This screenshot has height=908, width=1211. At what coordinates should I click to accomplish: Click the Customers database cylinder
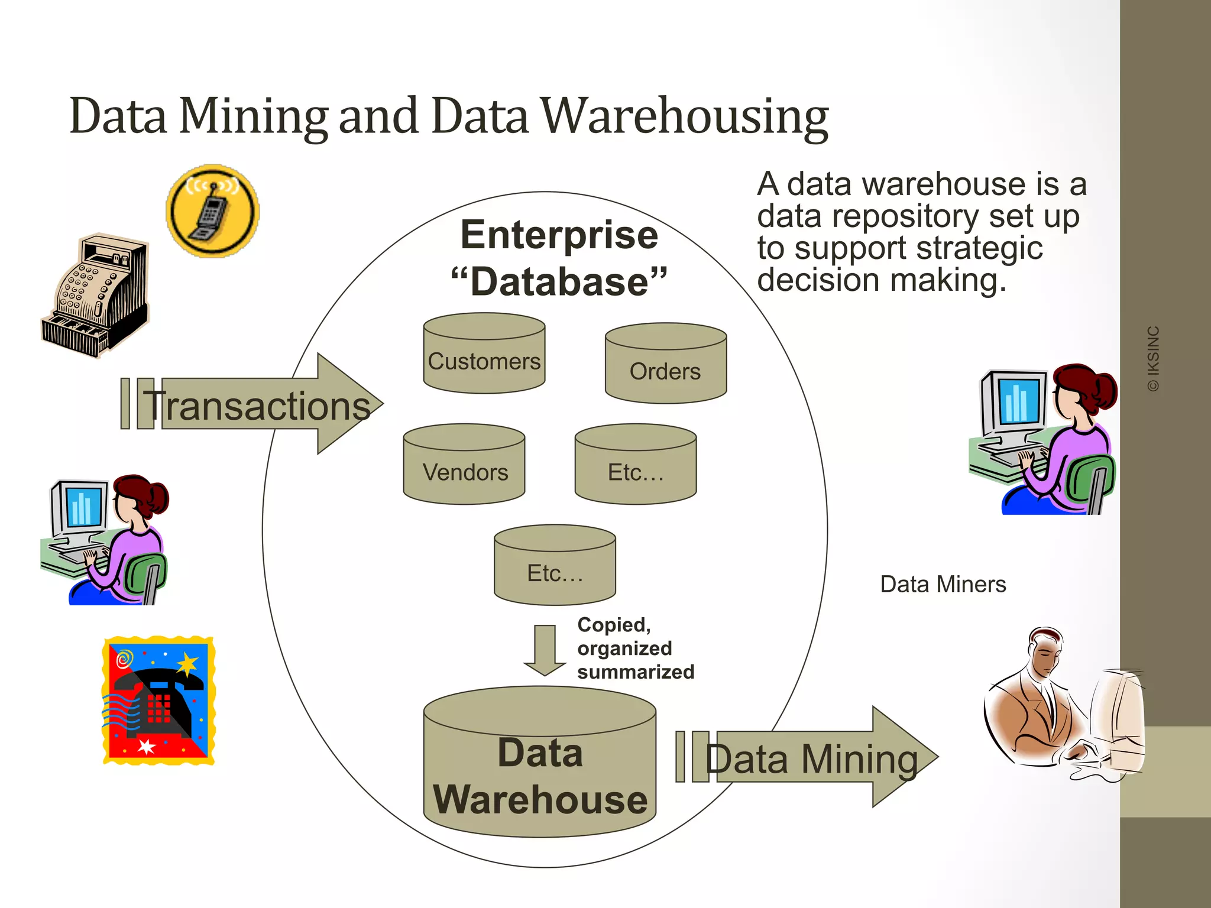(x=484, y=355)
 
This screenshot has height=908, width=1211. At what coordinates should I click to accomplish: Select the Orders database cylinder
(x=666, y=364)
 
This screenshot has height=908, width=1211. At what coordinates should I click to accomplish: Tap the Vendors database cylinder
(x=464, y=465)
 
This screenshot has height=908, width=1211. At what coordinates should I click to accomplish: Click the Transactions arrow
(x=254, y=404)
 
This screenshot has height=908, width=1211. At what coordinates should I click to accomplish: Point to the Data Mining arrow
(x=810, y=757)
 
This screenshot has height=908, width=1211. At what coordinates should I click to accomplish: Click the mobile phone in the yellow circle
(x=212, y=211)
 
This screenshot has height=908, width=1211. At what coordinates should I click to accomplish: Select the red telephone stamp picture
(x=158, y=701)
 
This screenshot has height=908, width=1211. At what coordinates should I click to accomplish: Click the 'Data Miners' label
(x=943, y=585)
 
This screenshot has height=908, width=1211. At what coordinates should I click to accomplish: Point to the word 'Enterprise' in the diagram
(x=559, y=235)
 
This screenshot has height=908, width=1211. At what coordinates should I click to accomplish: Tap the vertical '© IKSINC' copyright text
(x=1154, y=359)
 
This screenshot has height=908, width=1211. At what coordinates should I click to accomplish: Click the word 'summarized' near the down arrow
(x=636, y=672)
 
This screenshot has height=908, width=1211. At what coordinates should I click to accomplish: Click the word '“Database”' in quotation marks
(x=559, y=281)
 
